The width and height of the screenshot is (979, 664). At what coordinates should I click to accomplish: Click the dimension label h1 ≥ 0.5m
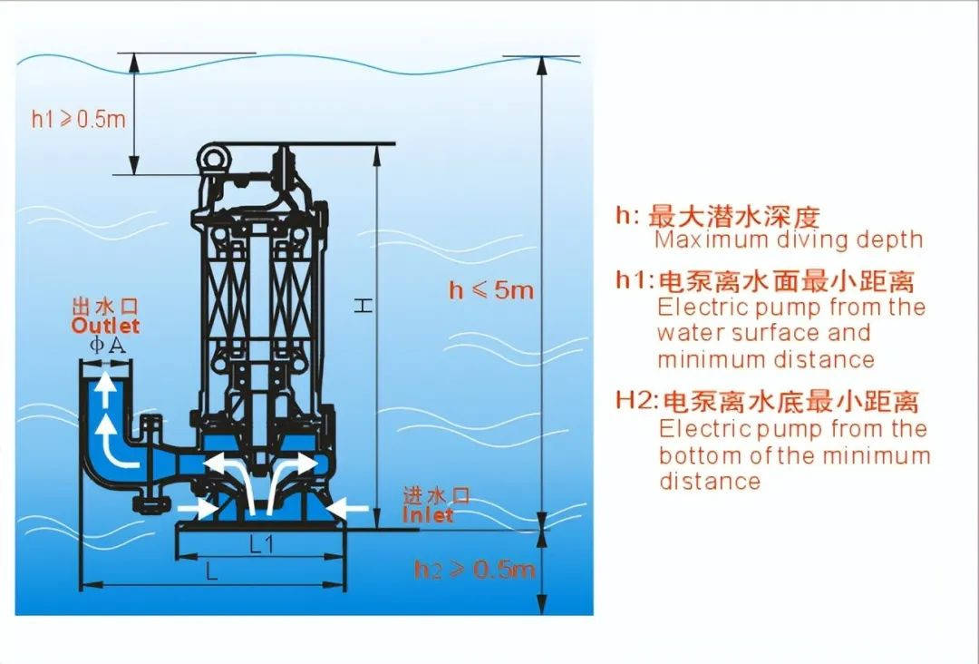79,119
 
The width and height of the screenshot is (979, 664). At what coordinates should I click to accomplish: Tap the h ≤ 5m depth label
492,290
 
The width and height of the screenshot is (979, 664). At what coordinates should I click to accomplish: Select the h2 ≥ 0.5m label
475,570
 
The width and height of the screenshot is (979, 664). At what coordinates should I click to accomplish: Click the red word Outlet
106,325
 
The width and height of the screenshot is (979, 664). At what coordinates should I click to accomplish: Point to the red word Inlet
428,514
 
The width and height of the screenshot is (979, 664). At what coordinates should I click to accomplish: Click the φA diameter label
106,345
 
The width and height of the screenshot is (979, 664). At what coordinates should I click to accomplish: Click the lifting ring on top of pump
216,160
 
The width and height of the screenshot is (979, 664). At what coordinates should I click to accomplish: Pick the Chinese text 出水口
106,308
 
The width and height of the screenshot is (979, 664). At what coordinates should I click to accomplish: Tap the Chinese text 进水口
437,496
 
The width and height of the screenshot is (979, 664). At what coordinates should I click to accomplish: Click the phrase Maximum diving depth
789,240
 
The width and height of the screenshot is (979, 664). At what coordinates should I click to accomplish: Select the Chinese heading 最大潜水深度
734,217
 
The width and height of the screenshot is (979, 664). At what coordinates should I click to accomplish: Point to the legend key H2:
636,401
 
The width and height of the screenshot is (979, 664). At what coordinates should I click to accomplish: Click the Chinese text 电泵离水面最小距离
786,280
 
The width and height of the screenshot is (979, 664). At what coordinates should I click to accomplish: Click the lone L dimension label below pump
210,571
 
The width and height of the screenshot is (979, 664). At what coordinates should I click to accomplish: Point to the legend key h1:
635,280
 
